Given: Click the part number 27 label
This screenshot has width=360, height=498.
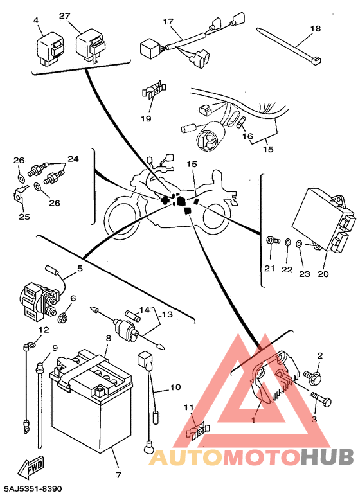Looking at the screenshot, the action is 64,15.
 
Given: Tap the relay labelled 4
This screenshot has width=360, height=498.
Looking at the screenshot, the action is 51,49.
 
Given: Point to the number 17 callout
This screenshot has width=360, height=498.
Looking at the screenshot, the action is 168,21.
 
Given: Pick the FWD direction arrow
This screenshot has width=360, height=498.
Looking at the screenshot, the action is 30,467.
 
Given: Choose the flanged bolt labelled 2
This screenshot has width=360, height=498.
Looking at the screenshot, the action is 312,376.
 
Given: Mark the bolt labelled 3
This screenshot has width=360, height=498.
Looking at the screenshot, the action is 321,398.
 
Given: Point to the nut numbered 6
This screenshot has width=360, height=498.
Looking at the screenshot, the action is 62,317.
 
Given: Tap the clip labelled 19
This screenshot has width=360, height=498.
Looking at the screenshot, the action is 154,90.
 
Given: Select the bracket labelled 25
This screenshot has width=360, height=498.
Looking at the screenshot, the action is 20,193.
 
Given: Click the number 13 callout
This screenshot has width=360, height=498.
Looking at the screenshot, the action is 167,314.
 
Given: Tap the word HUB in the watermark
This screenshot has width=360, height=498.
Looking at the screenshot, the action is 327,457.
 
